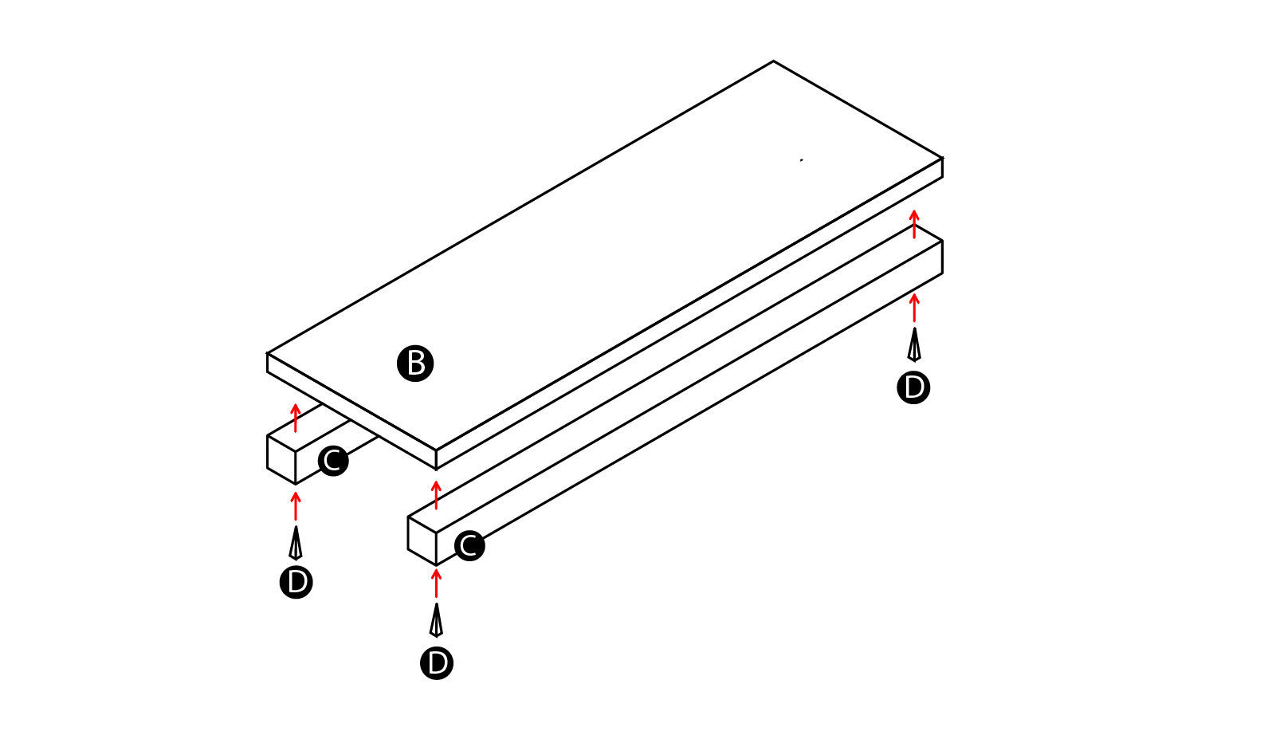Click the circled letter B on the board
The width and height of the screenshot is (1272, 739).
coord(415,364)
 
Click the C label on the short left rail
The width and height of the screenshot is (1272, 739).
coord(333,461)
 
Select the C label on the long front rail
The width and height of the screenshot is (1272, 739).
coord(469,546)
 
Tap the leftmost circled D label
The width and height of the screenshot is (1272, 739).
coord(296,582)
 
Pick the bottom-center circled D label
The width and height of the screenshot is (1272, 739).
coord(437,663)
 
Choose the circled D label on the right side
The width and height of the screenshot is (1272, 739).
coord(913,387)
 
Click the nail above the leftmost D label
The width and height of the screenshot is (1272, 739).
coord(296,543)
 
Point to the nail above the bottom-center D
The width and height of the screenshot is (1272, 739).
coord(436,620)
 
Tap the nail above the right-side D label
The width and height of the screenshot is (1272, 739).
coord(914,344)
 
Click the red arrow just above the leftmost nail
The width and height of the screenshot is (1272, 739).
coord(296,506)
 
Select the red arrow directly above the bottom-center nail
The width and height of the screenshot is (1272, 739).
coord(436,584)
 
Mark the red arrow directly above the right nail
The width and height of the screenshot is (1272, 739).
coord(914,308)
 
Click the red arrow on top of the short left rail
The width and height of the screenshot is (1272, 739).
coord(296,418)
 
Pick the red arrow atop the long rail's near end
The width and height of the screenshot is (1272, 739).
coord(436,495)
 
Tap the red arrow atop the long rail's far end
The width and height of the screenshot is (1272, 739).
coord(914,224)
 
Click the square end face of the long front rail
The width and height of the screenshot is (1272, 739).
coord(422,540)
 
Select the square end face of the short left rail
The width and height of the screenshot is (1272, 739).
coord(281,460)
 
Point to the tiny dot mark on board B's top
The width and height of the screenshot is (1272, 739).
coord(801,160)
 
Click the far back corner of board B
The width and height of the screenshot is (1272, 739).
coord(773,61)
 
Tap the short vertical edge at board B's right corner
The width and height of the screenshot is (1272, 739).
coord(942,167)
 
